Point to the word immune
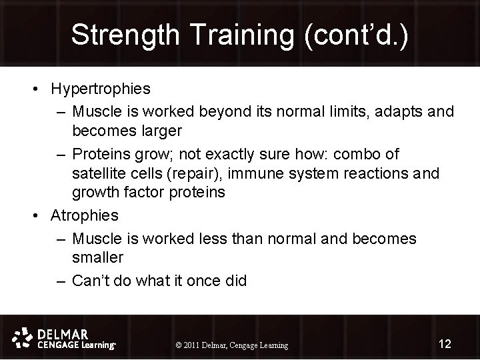click(x=259, y=173)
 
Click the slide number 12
click(x=444, y=344)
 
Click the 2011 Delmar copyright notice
click(x=231, y=345)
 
